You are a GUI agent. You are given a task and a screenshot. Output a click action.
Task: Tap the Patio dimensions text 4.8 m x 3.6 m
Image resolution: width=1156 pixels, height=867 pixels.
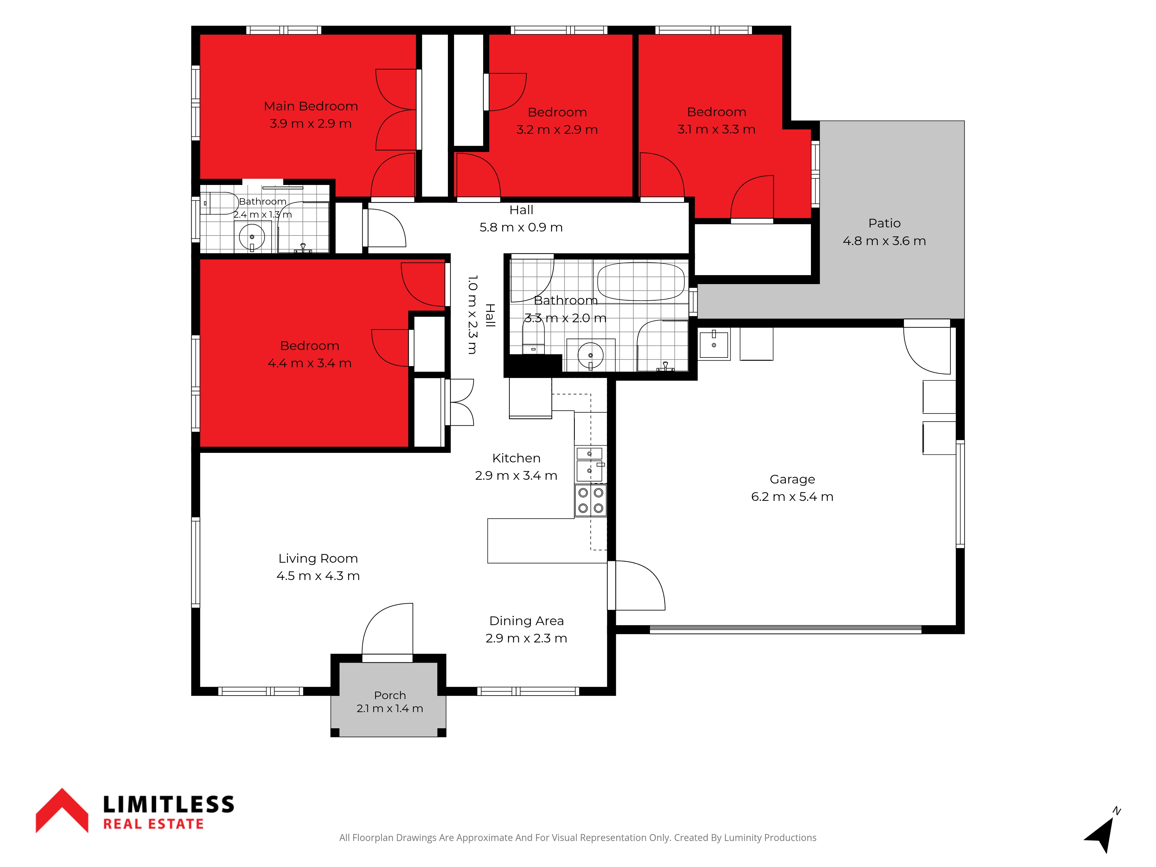click(x=884, y=241)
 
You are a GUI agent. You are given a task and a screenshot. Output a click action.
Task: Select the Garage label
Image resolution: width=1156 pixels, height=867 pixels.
click(x=792, y=479)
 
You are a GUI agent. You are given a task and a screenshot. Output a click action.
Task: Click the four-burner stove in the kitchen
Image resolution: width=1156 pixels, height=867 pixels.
click(x=590, y=500)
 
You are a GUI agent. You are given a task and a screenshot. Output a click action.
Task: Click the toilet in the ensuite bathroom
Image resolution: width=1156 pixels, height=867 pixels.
click(x=219, y=203)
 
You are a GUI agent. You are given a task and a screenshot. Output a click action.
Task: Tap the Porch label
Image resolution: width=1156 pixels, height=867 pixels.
click(x=390, y=695)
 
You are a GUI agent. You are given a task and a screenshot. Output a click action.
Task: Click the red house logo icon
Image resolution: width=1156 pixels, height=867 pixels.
click(x=62, y=810)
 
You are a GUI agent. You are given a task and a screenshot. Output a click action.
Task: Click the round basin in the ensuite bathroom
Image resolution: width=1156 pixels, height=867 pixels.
click(x=252, y=237)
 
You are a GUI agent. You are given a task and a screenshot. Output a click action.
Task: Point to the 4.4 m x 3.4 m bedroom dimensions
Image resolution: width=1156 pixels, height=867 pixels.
click(x=310, y=363)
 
